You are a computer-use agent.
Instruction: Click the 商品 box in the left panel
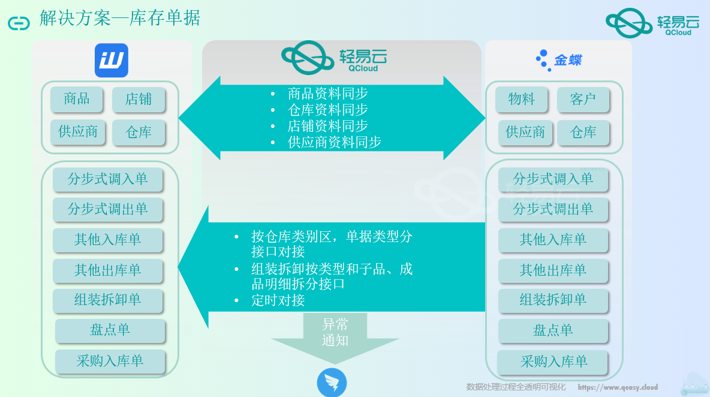[77, 99]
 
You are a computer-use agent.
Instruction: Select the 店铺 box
[139, 100]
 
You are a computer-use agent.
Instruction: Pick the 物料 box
[521, 99]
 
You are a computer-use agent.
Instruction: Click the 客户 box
[583, 100]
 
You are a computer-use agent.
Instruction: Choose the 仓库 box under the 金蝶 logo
[583, 133]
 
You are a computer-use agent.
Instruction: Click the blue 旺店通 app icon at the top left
[112, 60]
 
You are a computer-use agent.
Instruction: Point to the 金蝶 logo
[558, 60]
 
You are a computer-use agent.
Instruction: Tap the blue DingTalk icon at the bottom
[332, 383]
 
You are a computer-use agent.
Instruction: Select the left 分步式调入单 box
[108, 179]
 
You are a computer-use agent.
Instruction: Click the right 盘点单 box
[553, 330]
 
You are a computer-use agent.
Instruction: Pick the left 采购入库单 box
[110, 361]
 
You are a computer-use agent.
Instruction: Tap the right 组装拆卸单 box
[553, 300]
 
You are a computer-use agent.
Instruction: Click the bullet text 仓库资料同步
[327, 110]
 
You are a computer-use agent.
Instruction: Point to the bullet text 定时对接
[278, 300]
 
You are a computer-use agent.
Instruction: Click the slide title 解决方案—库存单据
[120, 19]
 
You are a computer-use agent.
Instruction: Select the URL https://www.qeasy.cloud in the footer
[618, 387]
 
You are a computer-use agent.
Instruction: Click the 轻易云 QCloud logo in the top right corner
[652, 23]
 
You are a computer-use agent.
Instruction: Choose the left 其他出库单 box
[108, 270]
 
